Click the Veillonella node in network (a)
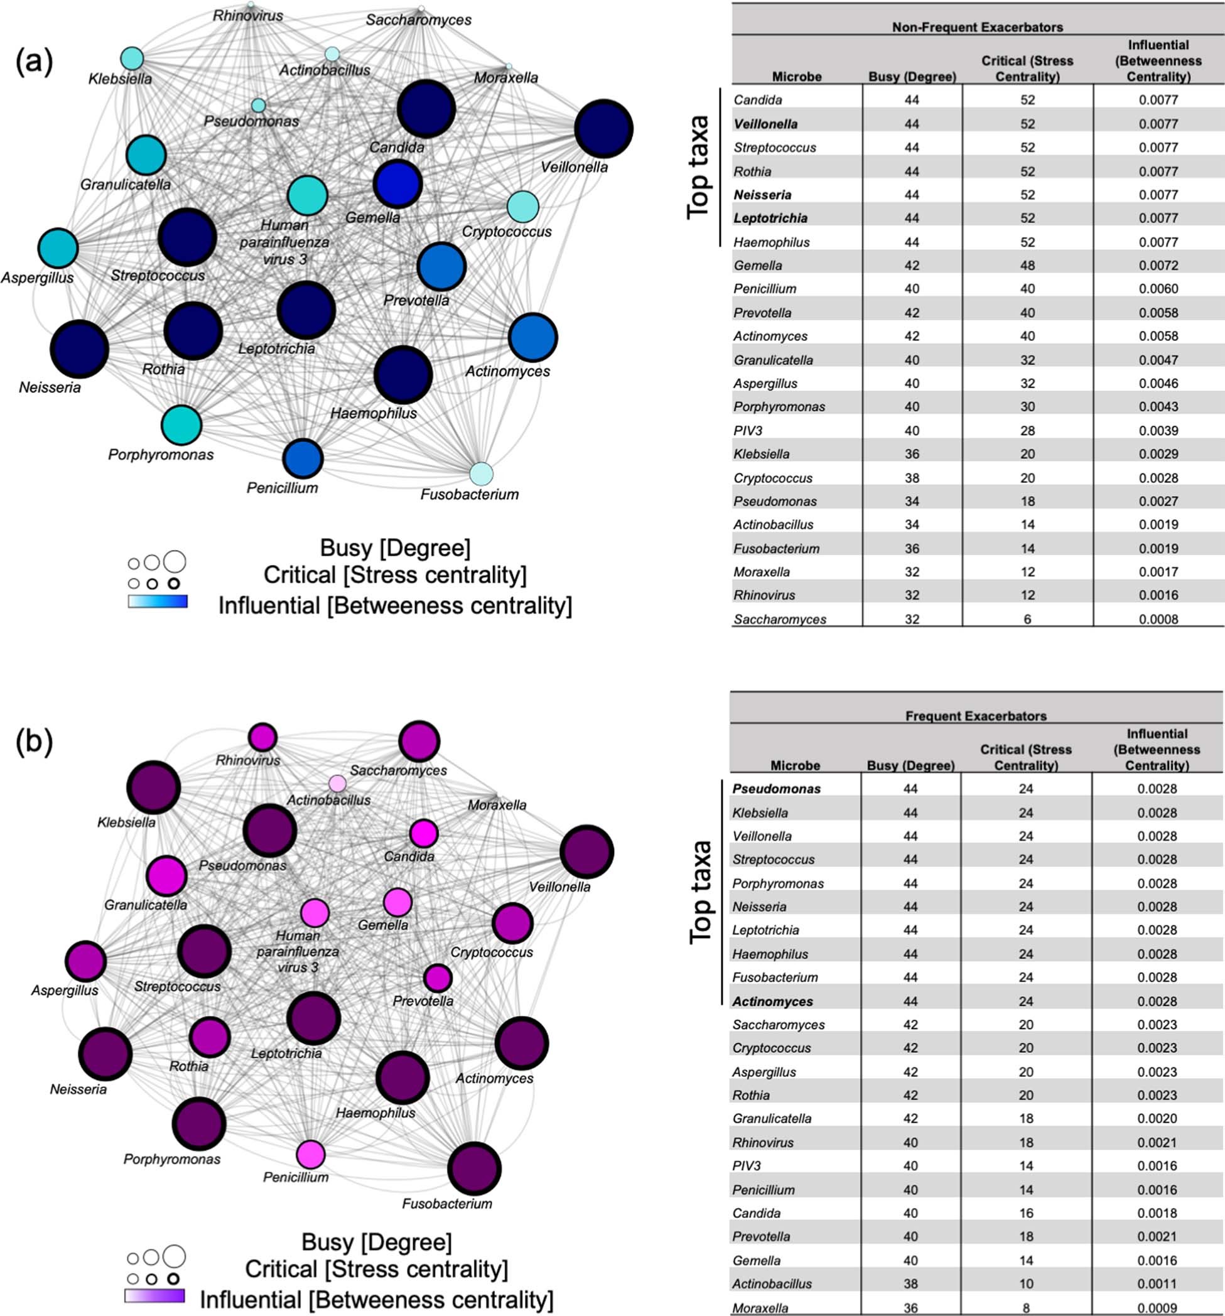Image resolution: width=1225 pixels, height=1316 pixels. (x=603, y=129)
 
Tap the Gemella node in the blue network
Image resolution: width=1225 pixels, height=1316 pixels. (x=397, y=183)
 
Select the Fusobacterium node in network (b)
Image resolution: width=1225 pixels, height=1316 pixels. (x=473, y=1168)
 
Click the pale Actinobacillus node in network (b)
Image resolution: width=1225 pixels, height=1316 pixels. (x=337, y=783)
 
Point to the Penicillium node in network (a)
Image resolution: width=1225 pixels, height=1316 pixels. (x=303, y=458)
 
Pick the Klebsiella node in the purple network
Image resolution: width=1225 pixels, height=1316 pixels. (x=154, y=788)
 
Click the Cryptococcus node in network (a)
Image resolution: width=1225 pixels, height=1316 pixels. (x=522, y=207)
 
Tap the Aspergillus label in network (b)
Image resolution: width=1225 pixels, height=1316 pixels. (x=64, y=990)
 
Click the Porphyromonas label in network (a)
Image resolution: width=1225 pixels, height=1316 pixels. (x=161, y=455)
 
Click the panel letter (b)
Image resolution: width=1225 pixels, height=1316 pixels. (x=34, y=742)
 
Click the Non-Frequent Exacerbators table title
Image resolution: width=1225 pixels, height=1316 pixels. (x=977, y=27)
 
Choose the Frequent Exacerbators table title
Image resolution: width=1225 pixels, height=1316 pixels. (x=975, y=716)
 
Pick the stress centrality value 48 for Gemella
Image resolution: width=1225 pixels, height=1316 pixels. (x=1027, y=266)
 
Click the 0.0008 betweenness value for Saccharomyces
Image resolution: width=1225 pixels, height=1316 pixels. (x=1158, y=619)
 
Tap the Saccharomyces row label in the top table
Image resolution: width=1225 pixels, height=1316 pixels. (x=779, y=619)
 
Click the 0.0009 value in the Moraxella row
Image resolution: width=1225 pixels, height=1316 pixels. (x=1157, y=1308)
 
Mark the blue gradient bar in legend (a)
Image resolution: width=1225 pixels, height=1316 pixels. (x=158, y=601)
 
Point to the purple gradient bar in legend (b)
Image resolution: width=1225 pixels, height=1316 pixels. (x=154, y=1295)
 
